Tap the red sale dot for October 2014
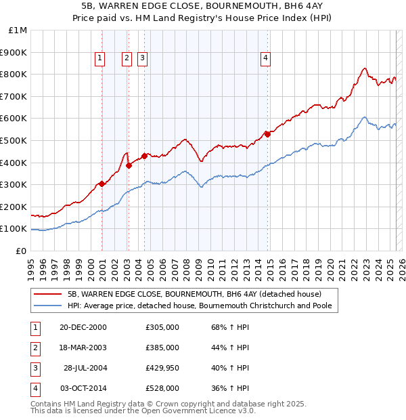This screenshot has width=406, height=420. (267, 134)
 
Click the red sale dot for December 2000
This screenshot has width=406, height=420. (101, 183)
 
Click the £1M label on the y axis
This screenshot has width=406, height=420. (18, 30)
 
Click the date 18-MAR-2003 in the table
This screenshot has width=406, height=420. (83, 348)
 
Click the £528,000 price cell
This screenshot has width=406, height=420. (162, 388)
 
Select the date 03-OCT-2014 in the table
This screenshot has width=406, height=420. (83, 388)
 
